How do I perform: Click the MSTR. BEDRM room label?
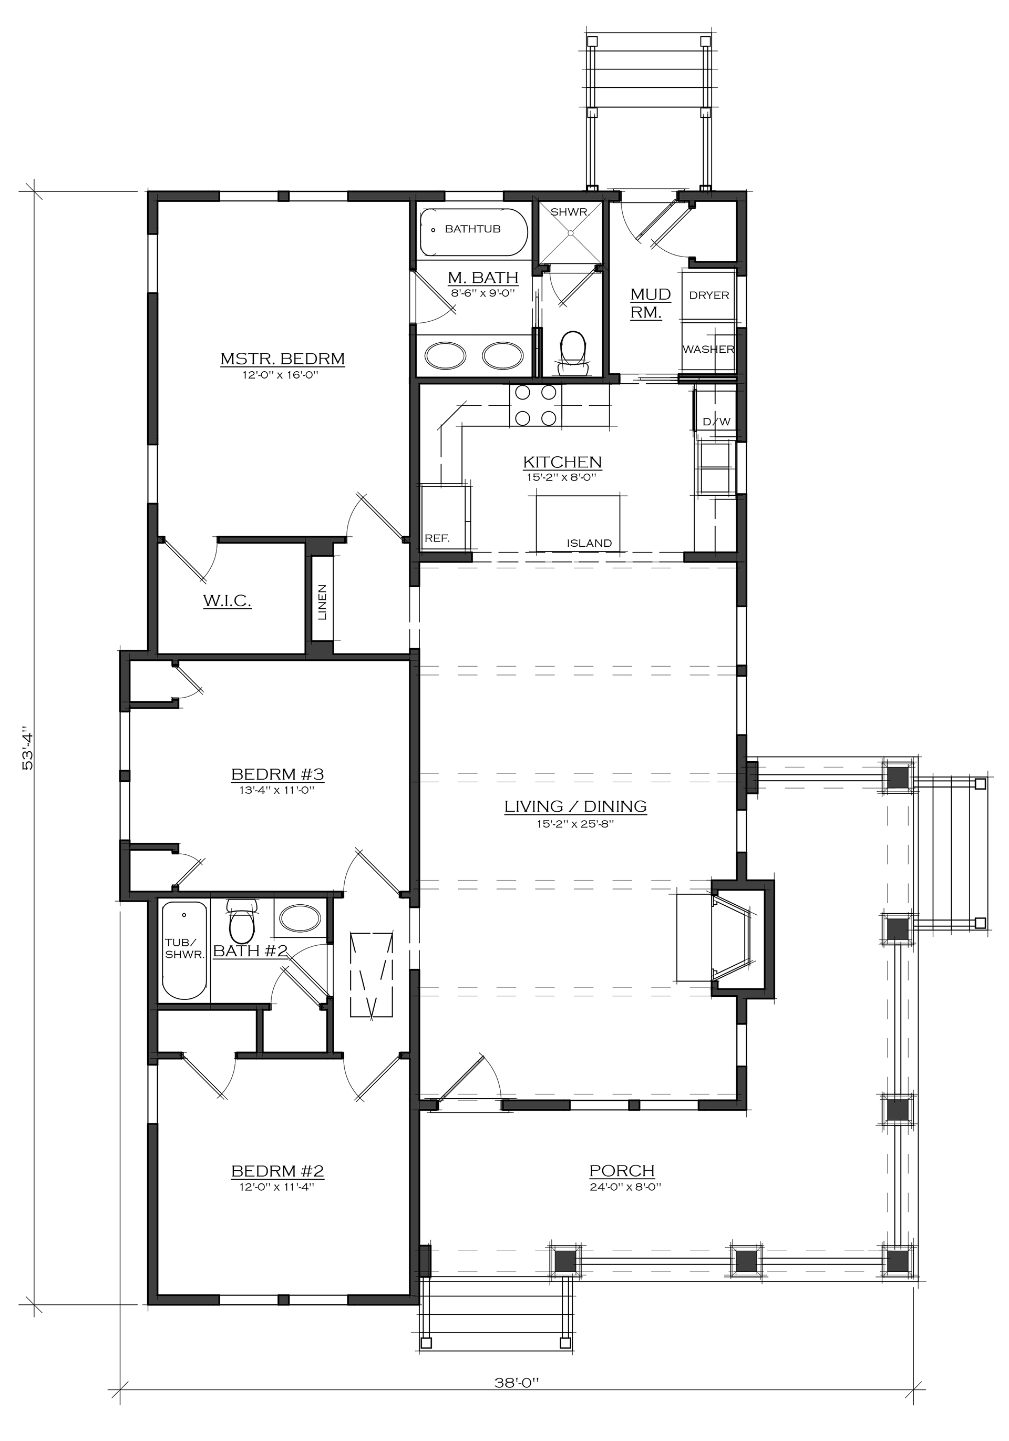282,359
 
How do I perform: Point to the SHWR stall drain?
571,233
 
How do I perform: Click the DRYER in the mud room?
708,295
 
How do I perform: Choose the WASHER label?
708,349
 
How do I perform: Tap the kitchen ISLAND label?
589,543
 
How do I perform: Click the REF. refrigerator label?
437,538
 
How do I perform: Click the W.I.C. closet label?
227,601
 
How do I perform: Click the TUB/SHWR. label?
184,948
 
